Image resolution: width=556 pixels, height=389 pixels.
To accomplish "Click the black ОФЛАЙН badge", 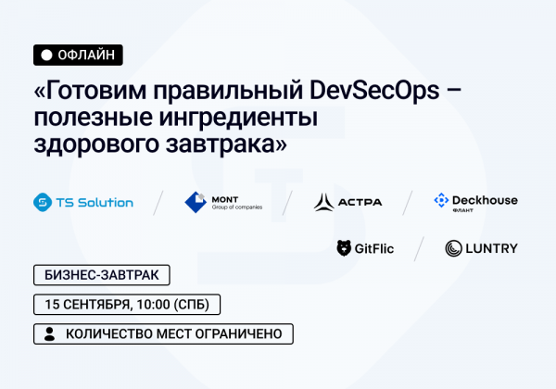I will pyautogui.click(x=77, y=56).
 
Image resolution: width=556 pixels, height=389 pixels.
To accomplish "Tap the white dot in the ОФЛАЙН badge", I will pyautogui.click(x=45, y=56).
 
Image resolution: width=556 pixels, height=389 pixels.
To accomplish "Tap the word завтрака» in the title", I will pyautogui.click(x=222, y=145).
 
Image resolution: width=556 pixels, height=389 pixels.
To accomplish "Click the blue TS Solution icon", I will pyautogui.click(x=42, y=202).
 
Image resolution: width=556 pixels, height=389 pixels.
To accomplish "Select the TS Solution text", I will pyautogui.click(x=95, y=202).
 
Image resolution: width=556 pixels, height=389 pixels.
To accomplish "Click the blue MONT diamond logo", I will pyautogui.click(x=195, y=202).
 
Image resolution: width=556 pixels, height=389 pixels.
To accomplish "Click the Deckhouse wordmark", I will pyautogui.click(x=485, y=199).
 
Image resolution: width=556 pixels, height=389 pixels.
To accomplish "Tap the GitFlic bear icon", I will pyautogui.click(x=344, y=248).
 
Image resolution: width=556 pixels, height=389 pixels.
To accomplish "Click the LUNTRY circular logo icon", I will pyautogui.click(x=453, y=248).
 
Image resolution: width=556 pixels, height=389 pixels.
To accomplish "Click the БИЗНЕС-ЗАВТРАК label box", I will pyautogui.click(x=102, y=275).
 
